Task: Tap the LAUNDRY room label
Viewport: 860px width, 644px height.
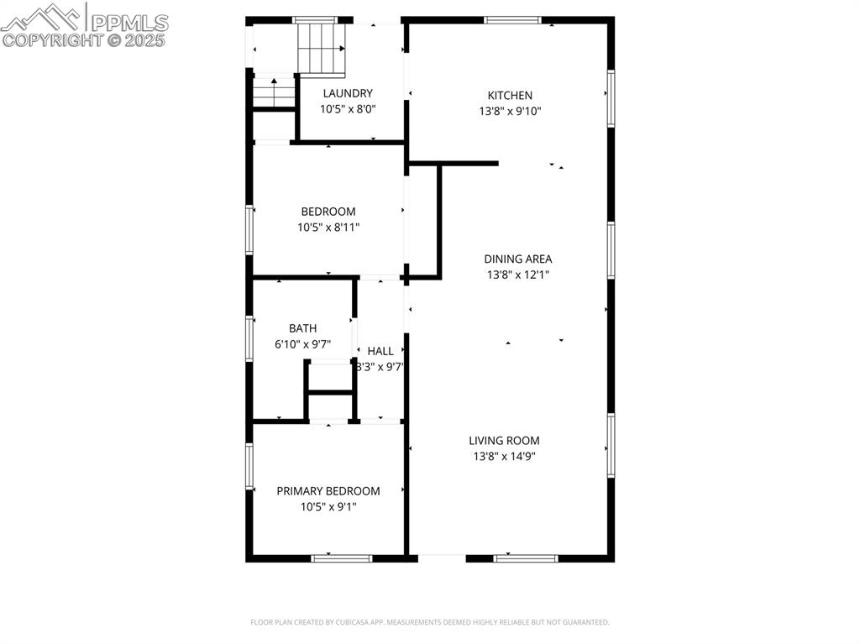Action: tap(348, 93)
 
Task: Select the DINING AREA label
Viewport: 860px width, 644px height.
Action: tap(517, 259)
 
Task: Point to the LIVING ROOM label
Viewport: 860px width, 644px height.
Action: tap(504, 441)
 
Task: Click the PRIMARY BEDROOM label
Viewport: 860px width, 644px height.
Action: tap(328, 491)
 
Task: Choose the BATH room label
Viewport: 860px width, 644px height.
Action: tap(302, 328)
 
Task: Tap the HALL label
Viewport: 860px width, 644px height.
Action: tap(380, 351)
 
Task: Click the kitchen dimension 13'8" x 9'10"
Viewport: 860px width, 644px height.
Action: tap(510, 111)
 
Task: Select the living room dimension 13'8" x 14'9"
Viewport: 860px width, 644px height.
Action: tap(504, 456)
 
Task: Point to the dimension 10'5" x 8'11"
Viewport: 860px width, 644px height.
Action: tap(328, 227)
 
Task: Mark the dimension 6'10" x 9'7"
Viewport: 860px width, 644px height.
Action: tap(302, 343)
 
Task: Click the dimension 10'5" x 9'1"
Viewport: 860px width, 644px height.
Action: tap(328, 506)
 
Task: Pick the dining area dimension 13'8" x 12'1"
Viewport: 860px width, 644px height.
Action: tap(517, 275)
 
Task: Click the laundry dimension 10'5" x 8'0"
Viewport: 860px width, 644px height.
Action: tap(348, 108)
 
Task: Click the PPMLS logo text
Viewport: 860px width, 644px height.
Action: tap(128, 23)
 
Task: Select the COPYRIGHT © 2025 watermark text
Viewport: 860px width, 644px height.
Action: tap(84, 40)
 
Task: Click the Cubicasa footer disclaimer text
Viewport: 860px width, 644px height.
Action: tap(429, 622)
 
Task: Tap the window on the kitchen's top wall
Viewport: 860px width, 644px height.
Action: tap(512, 20)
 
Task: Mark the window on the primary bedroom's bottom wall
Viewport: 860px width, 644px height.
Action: tap(341, 558)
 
